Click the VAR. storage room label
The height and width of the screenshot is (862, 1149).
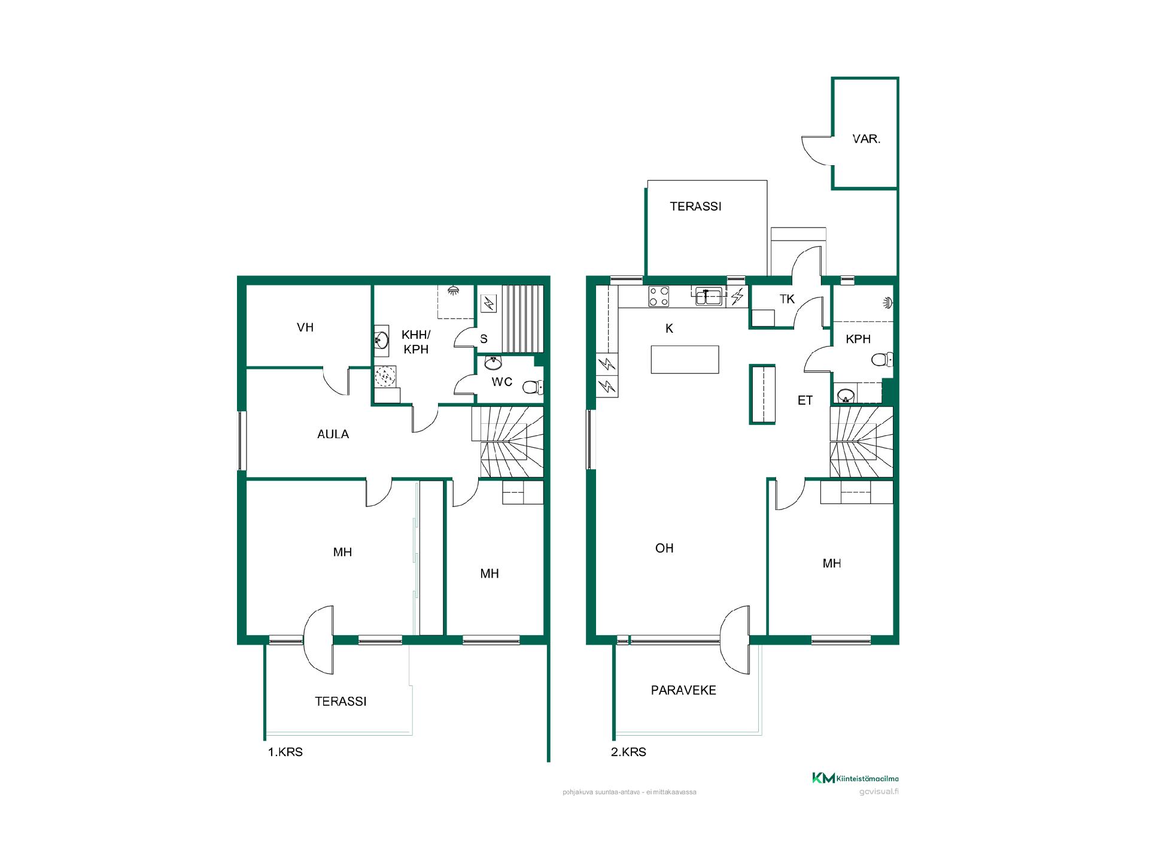[866, 139]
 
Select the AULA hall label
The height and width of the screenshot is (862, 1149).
[333, 434]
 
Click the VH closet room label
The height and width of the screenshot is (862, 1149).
[305, 327]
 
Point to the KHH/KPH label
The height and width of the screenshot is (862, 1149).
[416, 342]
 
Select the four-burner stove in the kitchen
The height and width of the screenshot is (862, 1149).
[659, 297]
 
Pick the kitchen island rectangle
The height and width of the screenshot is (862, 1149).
[685, 359]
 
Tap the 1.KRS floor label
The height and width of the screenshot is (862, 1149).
[285, 752]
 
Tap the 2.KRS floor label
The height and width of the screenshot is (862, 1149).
[628, 752]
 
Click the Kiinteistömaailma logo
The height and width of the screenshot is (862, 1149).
[855, 778]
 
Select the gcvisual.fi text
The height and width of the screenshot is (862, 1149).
[879, 791]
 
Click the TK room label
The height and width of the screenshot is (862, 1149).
[787, 299]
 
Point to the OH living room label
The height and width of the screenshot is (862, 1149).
[664, 548]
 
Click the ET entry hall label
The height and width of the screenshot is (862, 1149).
[805, 400]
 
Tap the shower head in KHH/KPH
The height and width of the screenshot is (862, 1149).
[454, 290]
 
